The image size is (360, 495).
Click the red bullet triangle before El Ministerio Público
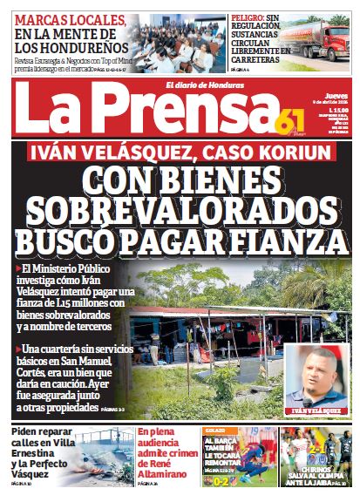pyautogui.click(x=18, y=268)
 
